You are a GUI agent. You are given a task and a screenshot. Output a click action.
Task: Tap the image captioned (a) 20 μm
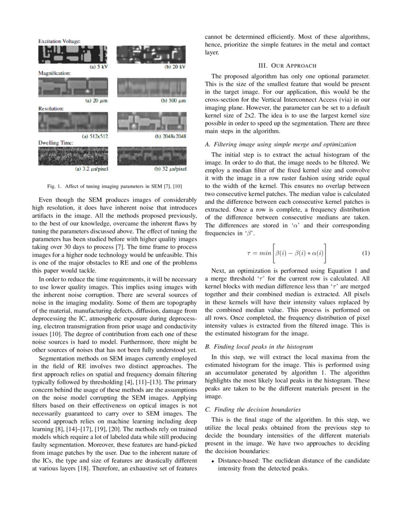click(x=73, y=87)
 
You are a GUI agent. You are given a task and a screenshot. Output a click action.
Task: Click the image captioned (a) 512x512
click(x=73, y=122)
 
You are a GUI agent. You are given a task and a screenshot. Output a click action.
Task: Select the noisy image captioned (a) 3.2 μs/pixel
click(x=73, y=156)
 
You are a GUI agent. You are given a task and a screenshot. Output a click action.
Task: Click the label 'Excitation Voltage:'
click(x=59, y=42)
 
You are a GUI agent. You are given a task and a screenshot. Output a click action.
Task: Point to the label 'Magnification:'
click(x=54, y=74)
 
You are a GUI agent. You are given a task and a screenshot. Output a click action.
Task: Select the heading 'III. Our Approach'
click(x=287, y=65)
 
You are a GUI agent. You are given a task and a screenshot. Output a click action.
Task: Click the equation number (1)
click(x=366, y=253)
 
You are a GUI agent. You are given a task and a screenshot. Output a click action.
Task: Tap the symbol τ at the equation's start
click(x=249, y=253)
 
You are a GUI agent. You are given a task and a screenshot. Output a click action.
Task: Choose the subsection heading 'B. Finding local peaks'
click(x=260, y=347)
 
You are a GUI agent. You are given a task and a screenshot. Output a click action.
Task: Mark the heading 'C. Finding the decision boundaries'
click(x=259, y=409)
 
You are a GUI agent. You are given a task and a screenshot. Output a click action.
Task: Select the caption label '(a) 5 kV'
click(x=98, y=67)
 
